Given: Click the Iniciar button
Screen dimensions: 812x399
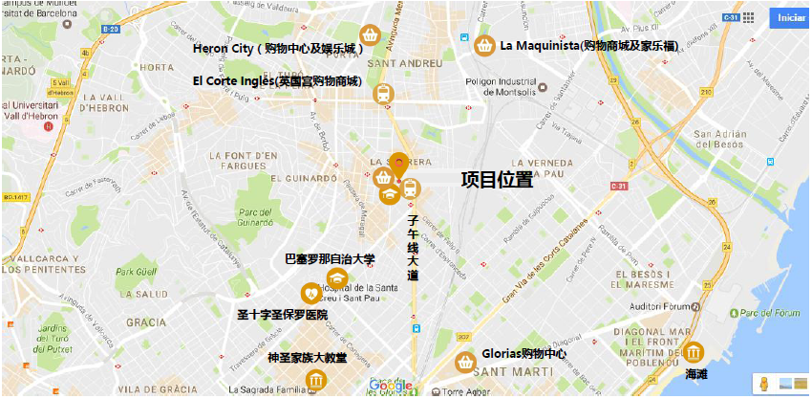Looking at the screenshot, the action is click(x=790, y=18).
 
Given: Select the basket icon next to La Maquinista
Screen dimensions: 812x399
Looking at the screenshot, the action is click(x=484, y=45).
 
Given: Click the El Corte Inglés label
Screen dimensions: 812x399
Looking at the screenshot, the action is click(x=277, y=81).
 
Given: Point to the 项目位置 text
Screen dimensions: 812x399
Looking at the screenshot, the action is click(x=497, y=180).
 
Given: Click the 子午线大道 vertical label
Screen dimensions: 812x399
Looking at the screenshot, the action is click(x=413, y=247).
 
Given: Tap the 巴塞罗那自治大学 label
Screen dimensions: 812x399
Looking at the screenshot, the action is click(x=330, y=258).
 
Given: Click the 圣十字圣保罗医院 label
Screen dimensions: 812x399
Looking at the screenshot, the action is click(x=282, y=314).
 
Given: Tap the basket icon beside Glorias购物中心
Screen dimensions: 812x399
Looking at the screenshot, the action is click(x=465, y=362).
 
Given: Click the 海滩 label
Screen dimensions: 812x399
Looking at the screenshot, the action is click(x=696, y=374).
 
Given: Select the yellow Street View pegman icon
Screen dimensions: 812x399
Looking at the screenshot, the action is click(x=763, y=384).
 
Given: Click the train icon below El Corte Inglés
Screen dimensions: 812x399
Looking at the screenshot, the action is click(x=383, y=94).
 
